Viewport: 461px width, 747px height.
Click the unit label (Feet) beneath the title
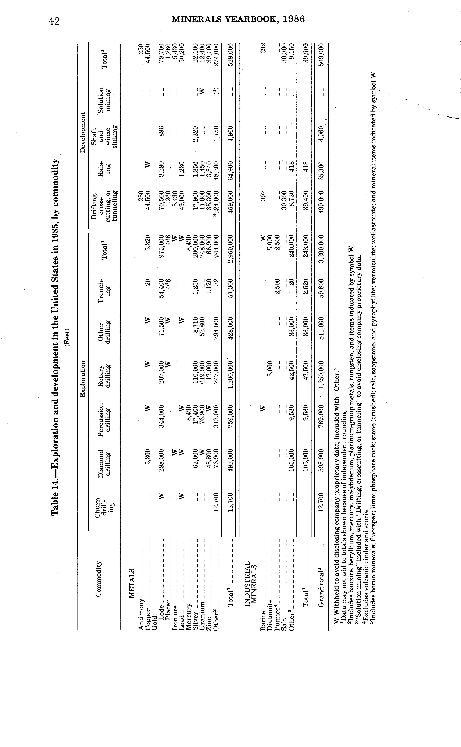[68, 337]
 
